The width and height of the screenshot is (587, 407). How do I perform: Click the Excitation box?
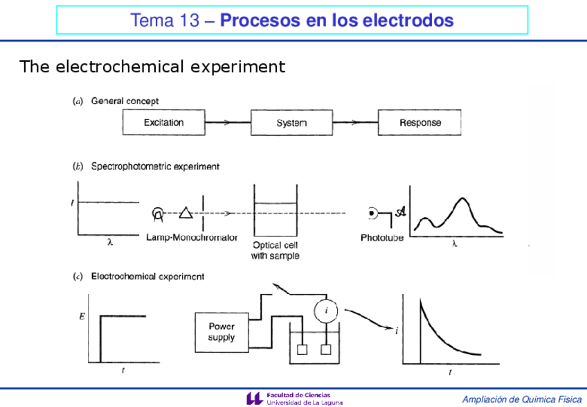(x=163, y=123)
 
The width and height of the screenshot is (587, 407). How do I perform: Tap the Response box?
(x=419, y=123)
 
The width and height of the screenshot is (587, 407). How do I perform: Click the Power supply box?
(x=222, y=331)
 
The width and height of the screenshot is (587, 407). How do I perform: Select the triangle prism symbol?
(x=185, y=214)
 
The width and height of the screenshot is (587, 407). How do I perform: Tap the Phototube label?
(x=382, y=238)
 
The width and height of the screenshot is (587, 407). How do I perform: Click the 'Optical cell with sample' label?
(x=276, y=250)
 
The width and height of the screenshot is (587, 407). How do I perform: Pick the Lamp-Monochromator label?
(x=192, y=237)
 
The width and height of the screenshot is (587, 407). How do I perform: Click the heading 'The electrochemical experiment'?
(x=152, y=67)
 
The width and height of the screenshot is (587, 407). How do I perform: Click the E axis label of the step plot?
(x=83, y=317)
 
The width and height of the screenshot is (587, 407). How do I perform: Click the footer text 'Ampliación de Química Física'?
(x=522, y=399)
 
